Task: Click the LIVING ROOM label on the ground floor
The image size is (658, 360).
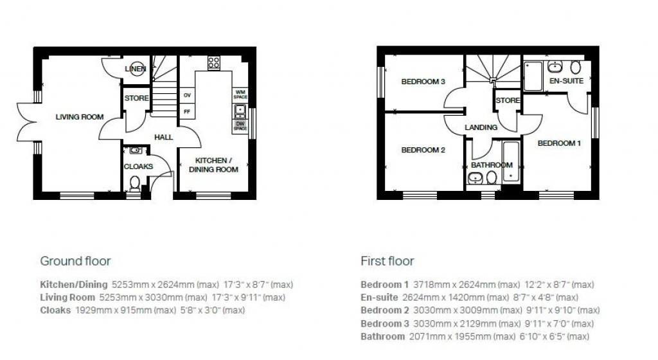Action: [x=80, y=117]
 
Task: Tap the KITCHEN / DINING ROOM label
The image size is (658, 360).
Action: [x=217, y=165]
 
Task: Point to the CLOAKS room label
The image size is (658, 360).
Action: [x=138, y=166]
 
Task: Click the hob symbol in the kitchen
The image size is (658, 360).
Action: [x=214, y=63]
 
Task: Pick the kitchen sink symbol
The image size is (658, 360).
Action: [x=240, y=110]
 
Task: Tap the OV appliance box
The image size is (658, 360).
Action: [x=187, y=95]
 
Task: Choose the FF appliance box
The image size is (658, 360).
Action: [x=187, y=111]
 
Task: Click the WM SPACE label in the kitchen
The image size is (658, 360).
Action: [x=240, y=94]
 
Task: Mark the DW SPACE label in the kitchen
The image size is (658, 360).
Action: [x=240, y=126]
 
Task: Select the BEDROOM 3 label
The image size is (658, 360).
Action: [x=423, y=82]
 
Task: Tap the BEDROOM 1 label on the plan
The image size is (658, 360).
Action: [x=559, y=143]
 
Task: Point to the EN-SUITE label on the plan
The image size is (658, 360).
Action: [x=566, y=82]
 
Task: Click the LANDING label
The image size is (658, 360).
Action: [x=481, y=128]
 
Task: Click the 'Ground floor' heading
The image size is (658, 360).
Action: [x=75, y=261]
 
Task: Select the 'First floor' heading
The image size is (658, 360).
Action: [x=387, y=261]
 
